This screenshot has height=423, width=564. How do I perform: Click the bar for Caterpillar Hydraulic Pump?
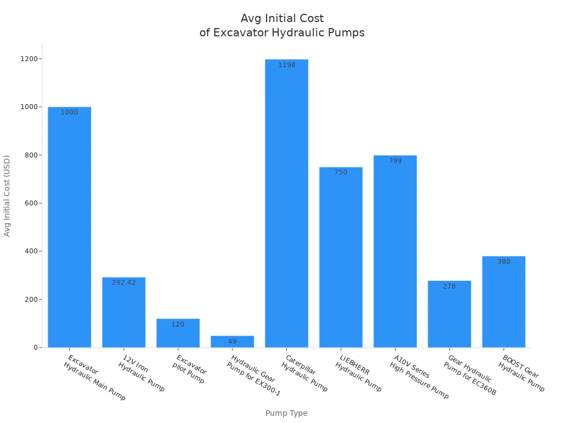(x=286, y=204)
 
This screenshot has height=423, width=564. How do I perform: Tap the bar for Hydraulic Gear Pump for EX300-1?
(x=232, y=341)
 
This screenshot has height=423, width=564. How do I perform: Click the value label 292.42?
(x=124, y=283)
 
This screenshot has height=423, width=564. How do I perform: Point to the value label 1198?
(x=286, y=65)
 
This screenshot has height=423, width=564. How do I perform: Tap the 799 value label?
(x=395, y=161)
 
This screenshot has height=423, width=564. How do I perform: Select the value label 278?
(x=449, y=286)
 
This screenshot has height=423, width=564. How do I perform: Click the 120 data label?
(x=178, y=324)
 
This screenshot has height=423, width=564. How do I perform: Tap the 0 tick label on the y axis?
(x=35, y=348)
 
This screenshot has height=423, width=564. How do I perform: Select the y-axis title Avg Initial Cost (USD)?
(x=7, y=196)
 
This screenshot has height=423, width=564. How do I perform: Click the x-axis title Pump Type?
(x=286, y=413)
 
